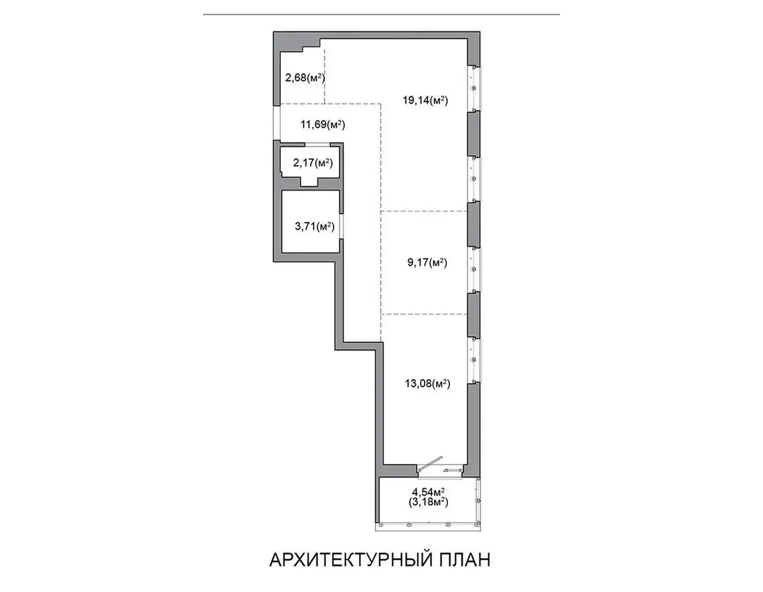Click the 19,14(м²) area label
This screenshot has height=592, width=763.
[x=425, y=100]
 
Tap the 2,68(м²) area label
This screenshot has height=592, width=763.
[x=305, y=77]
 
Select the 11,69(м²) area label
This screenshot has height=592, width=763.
[x=323, y=124]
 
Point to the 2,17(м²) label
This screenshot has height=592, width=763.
[x=313, y=163]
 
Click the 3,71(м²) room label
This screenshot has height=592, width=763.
[x=315, y=226]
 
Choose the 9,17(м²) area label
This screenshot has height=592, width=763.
[x=427, y=263]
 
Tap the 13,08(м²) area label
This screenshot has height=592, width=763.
[x=427, y=383]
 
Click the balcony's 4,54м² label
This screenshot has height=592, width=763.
[x=429, y=491]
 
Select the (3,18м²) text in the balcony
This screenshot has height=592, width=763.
[x=429, y=502]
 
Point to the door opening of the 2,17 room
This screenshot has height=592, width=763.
[x=317, y=144]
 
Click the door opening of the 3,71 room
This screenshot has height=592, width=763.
[x=341, y=226]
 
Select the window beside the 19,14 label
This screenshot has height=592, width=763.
[x=474, y=89]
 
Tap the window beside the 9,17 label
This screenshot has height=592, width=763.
[x=474, y=270]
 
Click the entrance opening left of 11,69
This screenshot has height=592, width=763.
[x=277, y=123]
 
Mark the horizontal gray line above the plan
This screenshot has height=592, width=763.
[x=381, y=15]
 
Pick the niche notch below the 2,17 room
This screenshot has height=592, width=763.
[x=310, y=182]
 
